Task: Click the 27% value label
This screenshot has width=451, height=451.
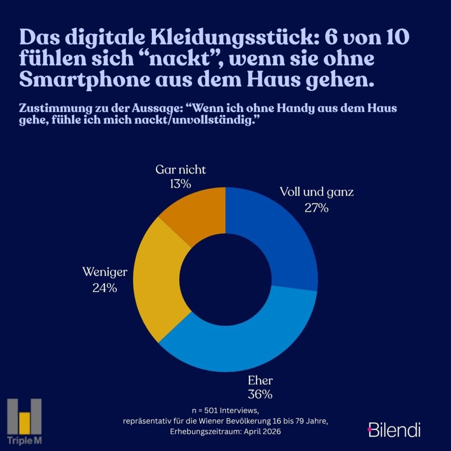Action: click(317, 208)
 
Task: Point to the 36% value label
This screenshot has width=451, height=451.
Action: click(259, 394)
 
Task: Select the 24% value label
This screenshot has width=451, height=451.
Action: click(104, 288)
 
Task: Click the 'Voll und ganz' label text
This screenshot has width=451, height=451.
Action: click(317, 192)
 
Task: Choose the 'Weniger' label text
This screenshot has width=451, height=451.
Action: click(105, 272)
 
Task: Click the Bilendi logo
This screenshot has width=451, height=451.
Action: click(394, 429)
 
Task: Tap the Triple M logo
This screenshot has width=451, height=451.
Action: click(24, 421)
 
